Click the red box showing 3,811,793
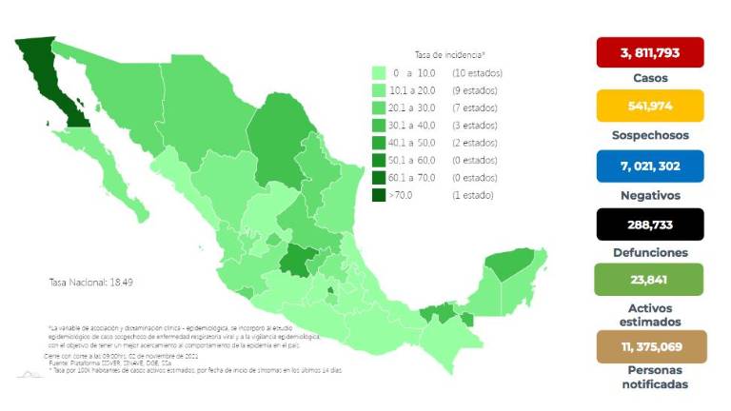(x=649, y=51)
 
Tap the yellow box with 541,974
(x=649, y=106)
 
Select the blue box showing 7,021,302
(x=649, y=166)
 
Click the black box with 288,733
(x=649, y=225)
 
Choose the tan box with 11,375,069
(x=649, y=346)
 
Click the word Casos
(x=649, y=78)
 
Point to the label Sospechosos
(x=649, y=135)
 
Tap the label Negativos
(x=649, y=195)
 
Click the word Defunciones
(x=649, y=253)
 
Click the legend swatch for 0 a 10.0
(x=378, y=73)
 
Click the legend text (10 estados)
(x=476, y=73)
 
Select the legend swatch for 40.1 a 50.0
(x=378, y=143)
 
